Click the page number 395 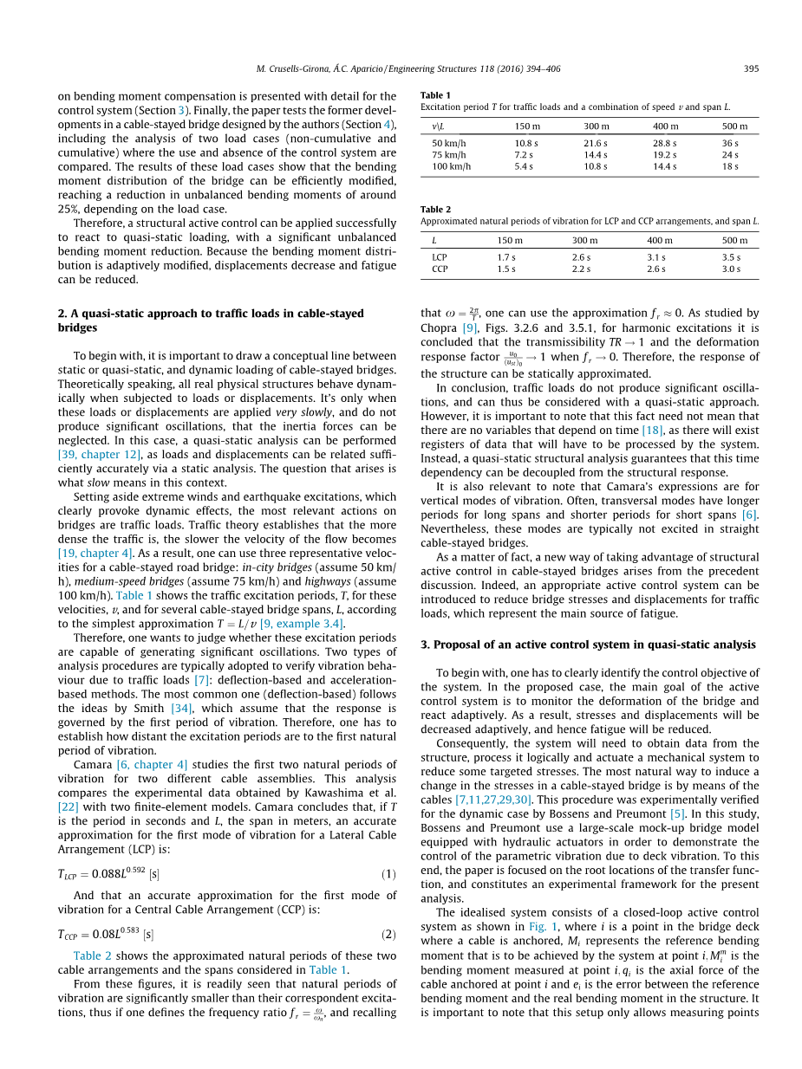click(752, 68)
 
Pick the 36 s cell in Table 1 click(730, 142)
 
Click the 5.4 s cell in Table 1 click(526, 165)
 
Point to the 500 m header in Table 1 click(734, 126)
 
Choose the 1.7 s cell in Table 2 click(506, 257)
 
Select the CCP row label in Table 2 click(440, 269)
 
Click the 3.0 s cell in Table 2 click(732, 269)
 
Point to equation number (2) click(389, 934)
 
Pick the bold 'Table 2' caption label click(435, 210)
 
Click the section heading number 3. click(424, 645)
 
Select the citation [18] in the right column click(652, 431)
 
